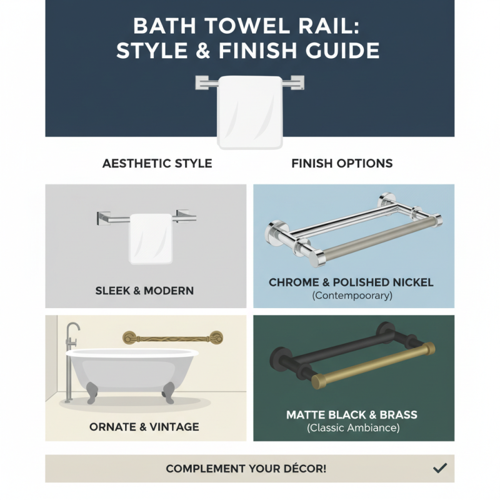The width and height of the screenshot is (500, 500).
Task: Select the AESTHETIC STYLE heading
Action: coord(157,164)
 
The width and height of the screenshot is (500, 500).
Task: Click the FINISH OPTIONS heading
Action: coord(342,164)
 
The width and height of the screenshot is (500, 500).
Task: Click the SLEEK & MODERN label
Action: coord(144,291)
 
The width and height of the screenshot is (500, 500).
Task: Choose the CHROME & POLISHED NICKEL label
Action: coord(351,282)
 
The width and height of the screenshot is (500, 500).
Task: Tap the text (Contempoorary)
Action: coord(352,296)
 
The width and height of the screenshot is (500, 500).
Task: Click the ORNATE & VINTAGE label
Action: coord(144,427)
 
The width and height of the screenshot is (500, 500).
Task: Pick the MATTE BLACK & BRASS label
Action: coord(351,415)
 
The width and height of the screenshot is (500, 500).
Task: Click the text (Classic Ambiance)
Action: coord(352,428)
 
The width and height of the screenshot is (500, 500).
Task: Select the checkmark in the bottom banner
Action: coord(440,467)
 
